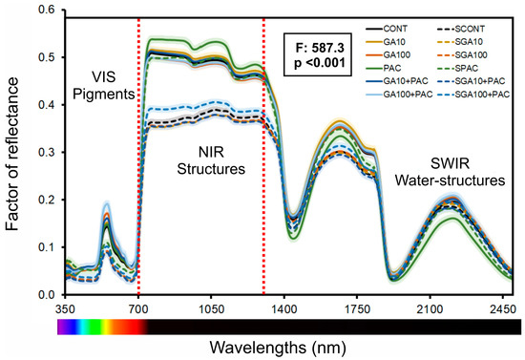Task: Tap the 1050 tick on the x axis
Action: pyautogui.click(x=212, y=309)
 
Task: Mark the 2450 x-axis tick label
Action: pyautogui.click(x=500, y=309)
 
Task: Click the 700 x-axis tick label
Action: pyautogui.click(x=139, y=309)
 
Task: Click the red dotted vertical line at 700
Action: pyautogui.click(x=139, y=191)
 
